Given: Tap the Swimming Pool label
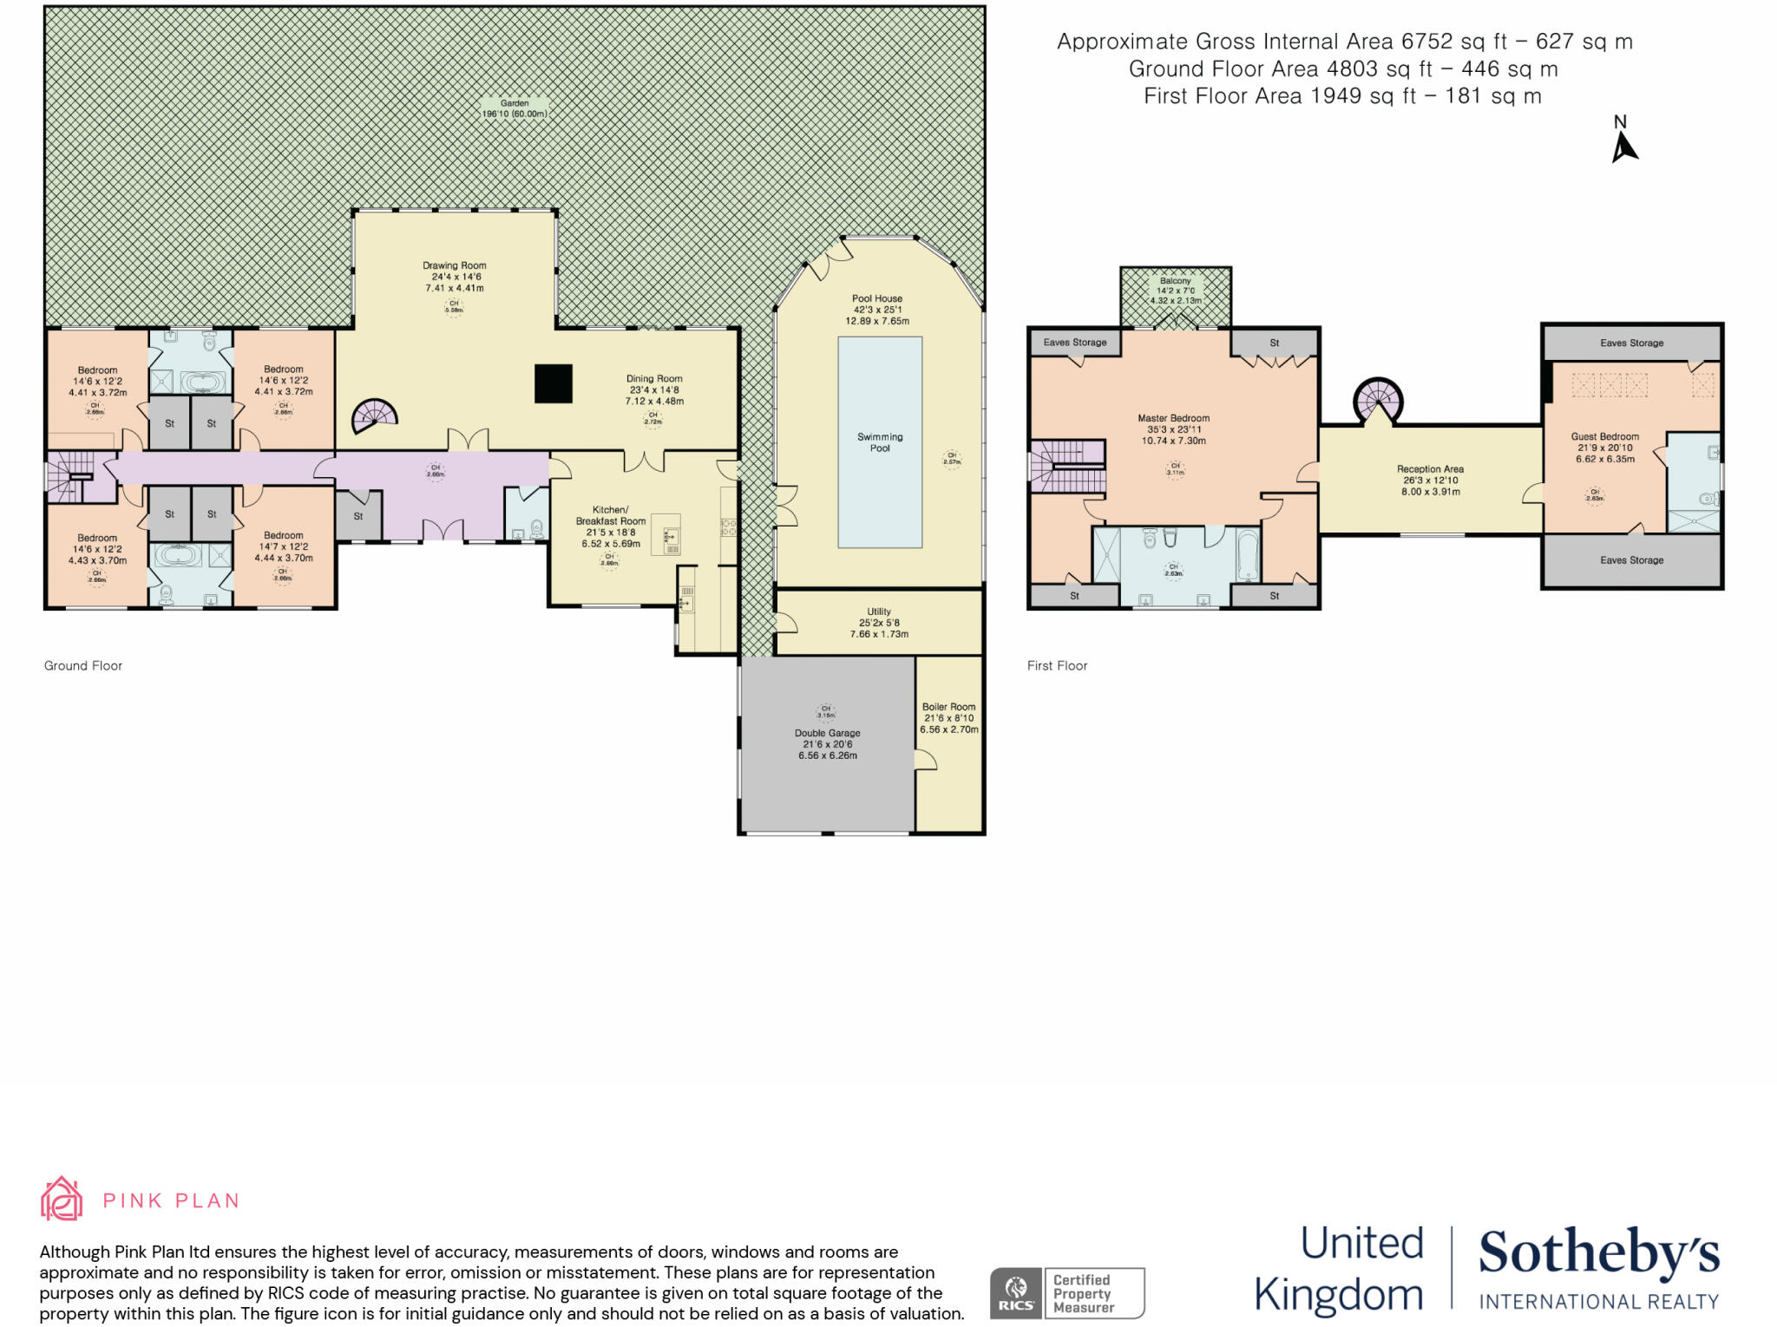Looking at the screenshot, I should click(x=880, y=442).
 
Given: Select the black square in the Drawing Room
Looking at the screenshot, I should click(x=553, y=383).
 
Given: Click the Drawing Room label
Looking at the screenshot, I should click(x=454, y=265).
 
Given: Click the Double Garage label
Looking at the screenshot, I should click(x=827, y=733).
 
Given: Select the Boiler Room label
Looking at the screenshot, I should click(x=948, y=707).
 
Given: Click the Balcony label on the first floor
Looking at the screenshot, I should click(x=1175, y=281).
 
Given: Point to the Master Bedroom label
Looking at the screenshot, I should click(x=1173, y=418).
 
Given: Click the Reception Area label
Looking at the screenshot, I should click(x=1430, y=469).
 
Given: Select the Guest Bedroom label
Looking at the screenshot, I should click(x=1604, y=437).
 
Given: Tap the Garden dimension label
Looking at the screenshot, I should click(x=515, y=114).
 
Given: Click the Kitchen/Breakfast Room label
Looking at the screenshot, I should click(x=611, y=516).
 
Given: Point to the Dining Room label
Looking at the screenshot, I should click(x=654, y=379).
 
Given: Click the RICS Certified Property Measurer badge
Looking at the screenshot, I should click(x=1067, y=1293).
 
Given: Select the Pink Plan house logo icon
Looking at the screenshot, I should click(x=62, y=1200).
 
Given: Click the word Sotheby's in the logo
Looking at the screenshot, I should click(x=1598, y=1254).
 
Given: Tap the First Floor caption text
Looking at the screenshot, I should click(x=1057, y=666).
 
